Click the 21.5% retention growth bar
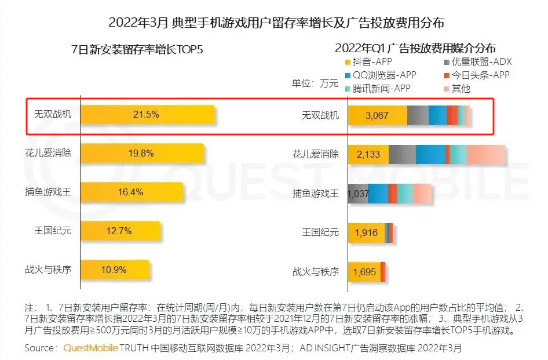148,115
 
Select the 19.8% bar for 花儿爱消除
143,154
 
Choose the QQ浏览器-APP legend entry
379,76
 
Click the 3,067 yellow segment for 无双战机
377,115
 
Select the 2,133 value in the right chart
369,154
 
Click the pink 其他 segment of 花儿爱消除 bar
485,154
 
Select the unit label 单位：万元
315,83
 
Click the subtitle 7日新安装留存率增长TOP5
137,49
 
